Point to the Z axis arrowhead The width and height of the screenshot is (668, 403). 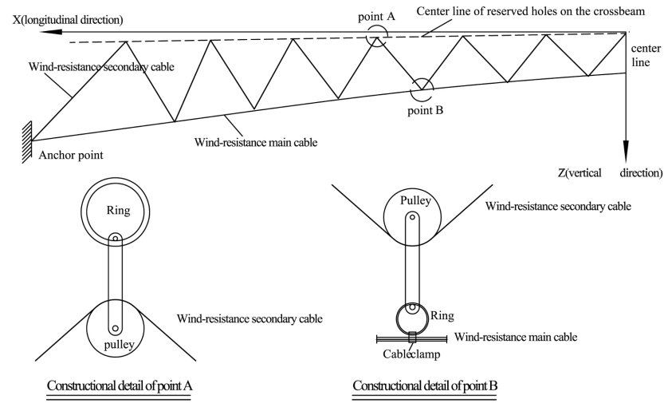tap(626, 153)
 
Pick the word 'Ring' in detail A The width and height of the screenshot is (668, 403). tap(117, 212)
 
